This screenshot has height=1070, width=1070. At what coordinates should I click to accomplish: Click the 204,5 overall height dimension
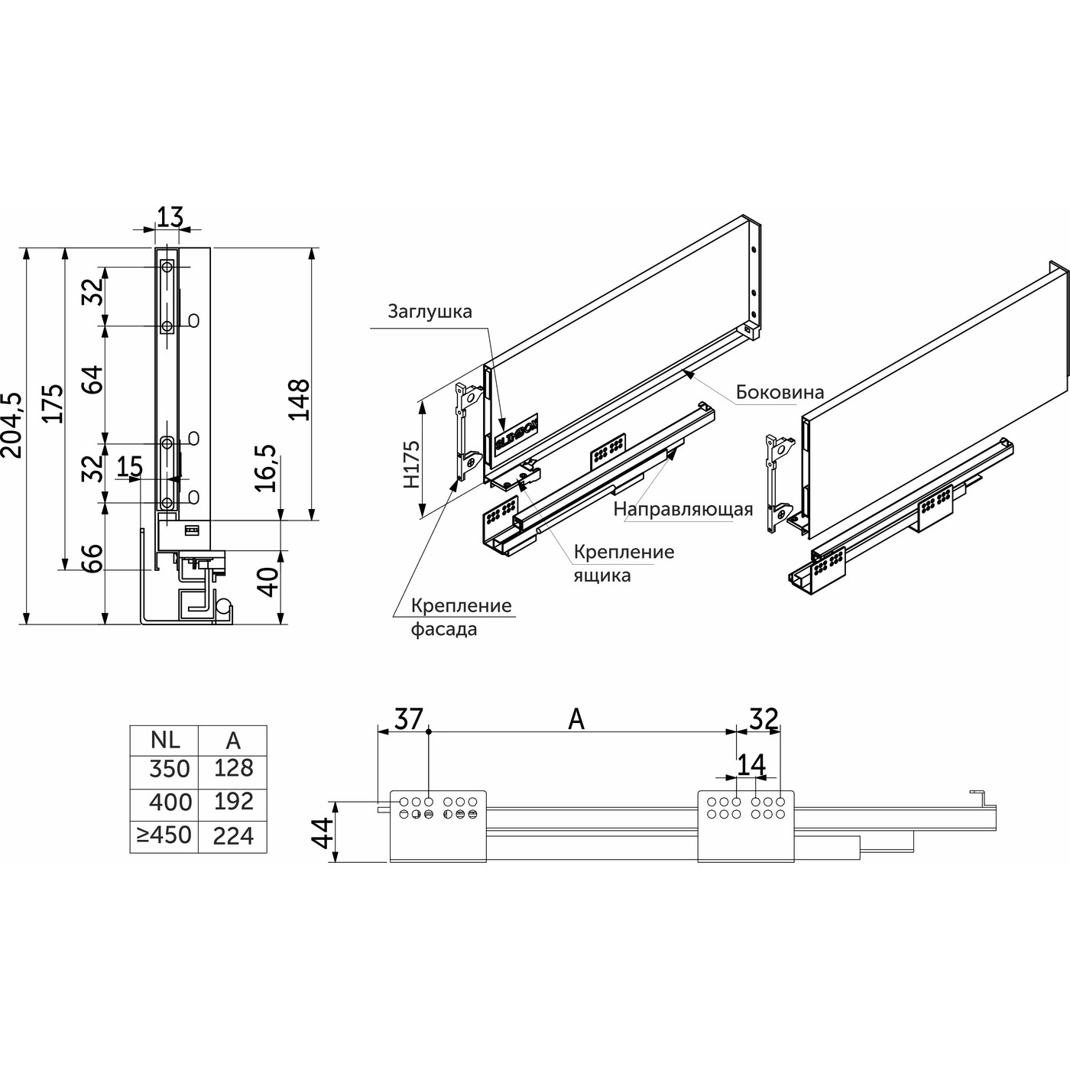click(12, 425)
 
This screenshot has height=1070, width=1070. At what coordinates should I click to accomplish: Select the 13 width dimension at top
click(170, 217)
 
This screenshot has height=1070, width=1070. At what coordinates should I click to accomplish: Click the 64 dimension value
click(92, 380)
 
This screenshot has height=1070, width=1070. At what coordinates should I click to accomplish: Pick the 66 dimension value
click(92, 558)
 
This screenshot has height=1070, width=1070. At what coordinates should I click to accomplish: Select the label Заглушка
click(430, 312)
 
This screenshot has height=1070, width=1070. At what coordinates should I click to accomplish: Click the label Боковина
click(780, 392)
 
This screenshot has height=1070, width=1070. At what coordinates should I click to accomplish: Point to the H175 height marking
click(411, 464)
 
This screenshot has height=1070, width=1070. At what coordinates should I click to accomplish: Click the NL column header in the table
click(165, 741)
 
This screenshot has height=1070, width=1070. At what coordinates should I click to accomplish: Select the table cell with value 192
click(233, 801)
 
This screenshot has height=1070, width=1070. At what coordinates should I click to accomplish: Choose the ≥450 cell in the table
click(164, 835)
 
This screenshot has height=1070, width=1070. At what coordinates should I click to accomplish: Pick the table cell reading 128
click(233, 768)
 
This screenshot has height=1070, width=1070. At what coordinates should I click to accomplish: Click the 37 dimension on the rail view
click(408, 719)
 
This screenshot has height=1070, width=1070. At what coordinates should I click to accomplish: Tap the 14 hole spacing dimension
click(751, 764)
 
